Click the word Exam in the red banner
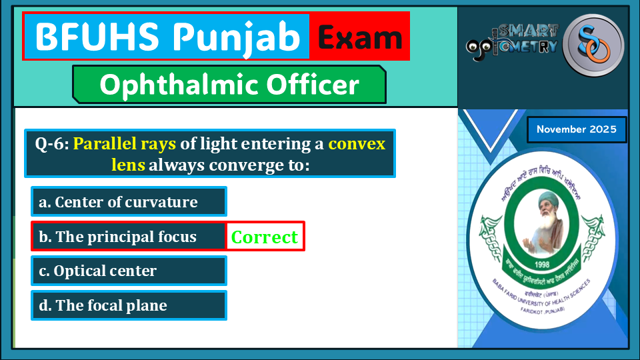pyautogui.click(x=359, y=37)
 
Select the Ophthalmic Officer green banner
pyautogui.click(x=229, y=85)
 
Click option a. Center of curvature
pyautogui.click(x=129, y=202)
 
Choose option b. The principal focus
pyautogui.click(x=129, y=237)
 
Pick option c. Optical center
pyautogui.click(x=129, y=271)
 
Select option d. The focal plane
pyautogui.click(x=129, y=305)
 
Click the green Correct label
pyautogui.click(x=265, y=237)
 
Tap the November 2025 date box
pyautogui.click(x=577, y=129)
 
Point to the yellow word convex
pyautogui.click(x=357, y=143)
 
